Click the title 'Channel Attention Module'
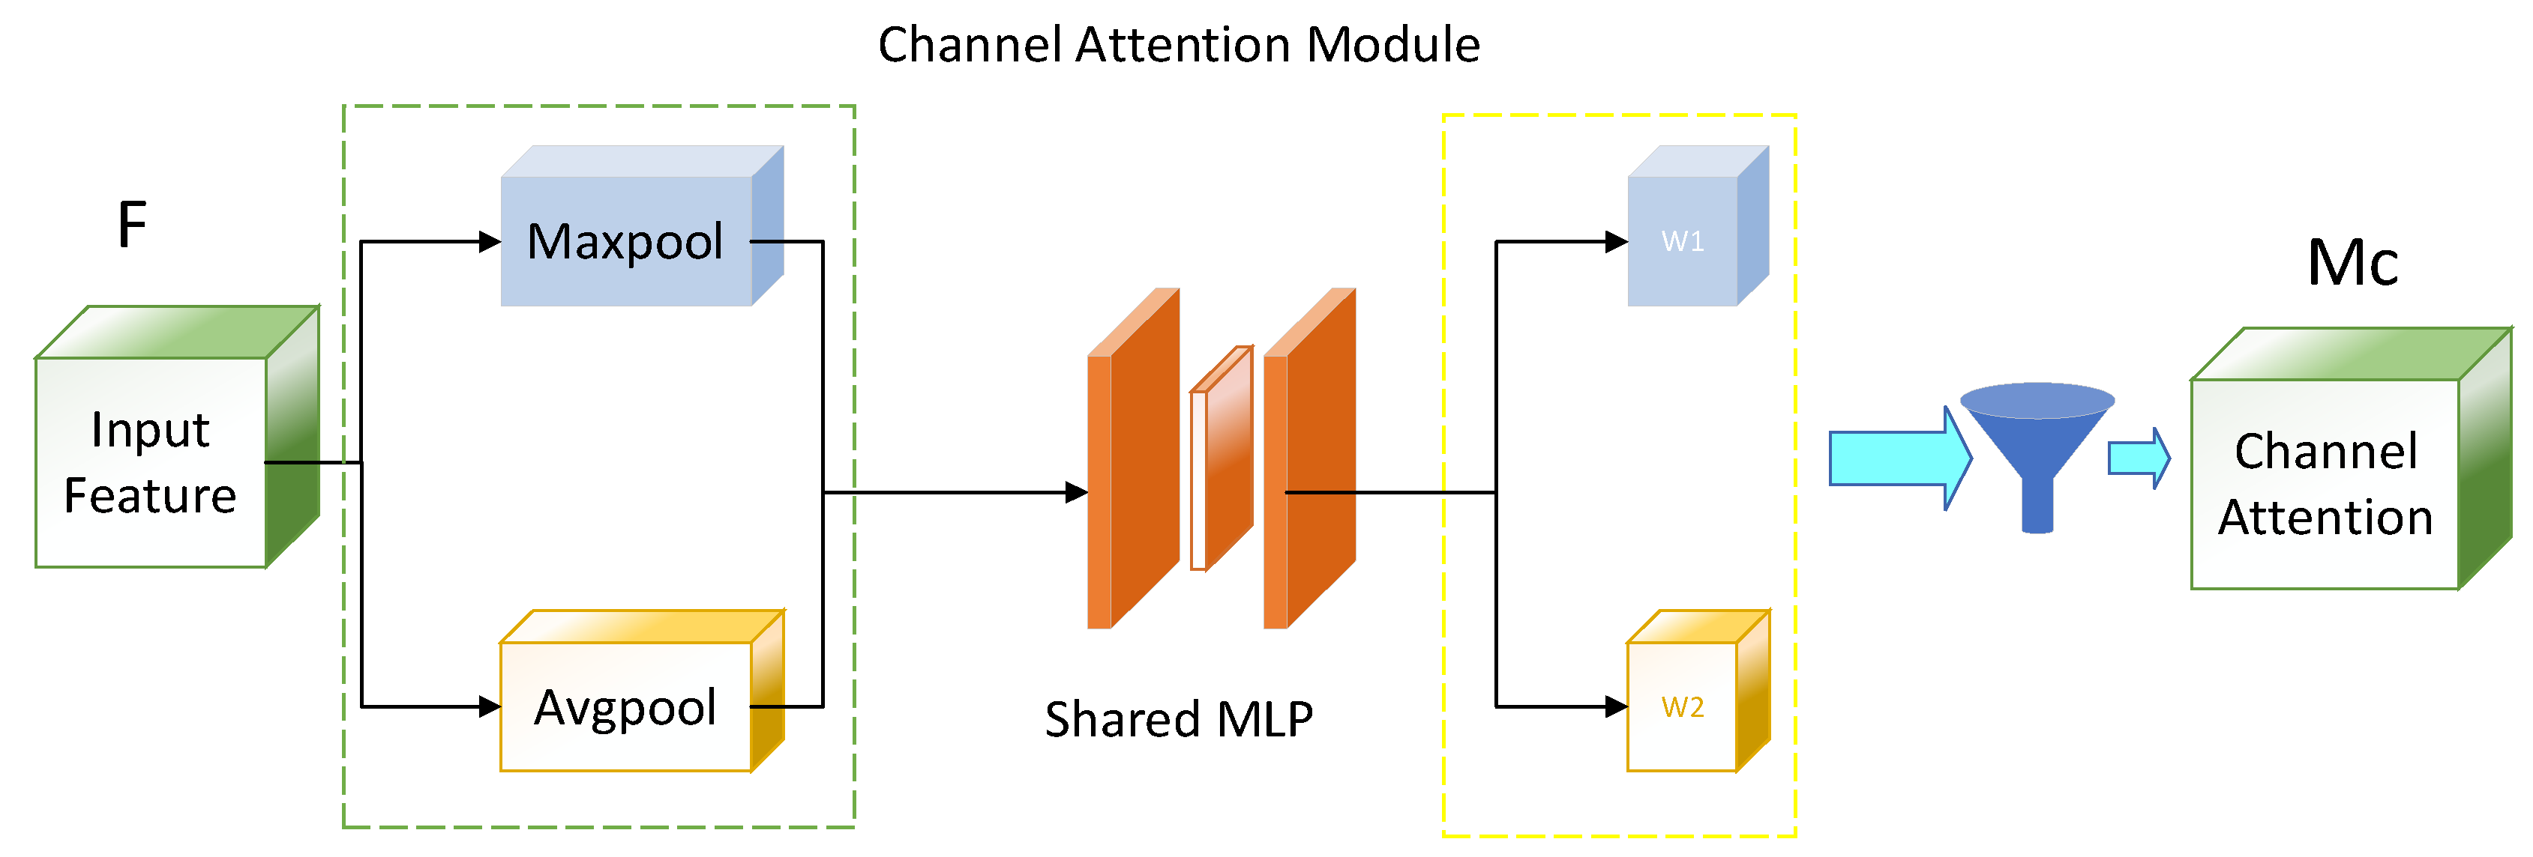tap(1178, 45)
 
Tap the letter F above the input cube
tap(132, 225)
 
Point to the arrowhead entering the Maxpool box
tap(490, 240)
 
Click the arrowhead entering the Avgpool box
tap(490, 706)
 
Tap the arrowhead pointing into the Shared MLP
tap(1077, 492)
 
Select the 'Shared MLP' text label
tap(1178, 718)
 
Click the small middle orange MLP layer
tap(1222, 458)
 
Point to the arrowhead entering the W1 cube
tap(1616, 240)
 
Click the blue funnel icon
tap(2037, 448)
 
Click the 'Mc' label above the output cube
tap(2352, 264)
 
